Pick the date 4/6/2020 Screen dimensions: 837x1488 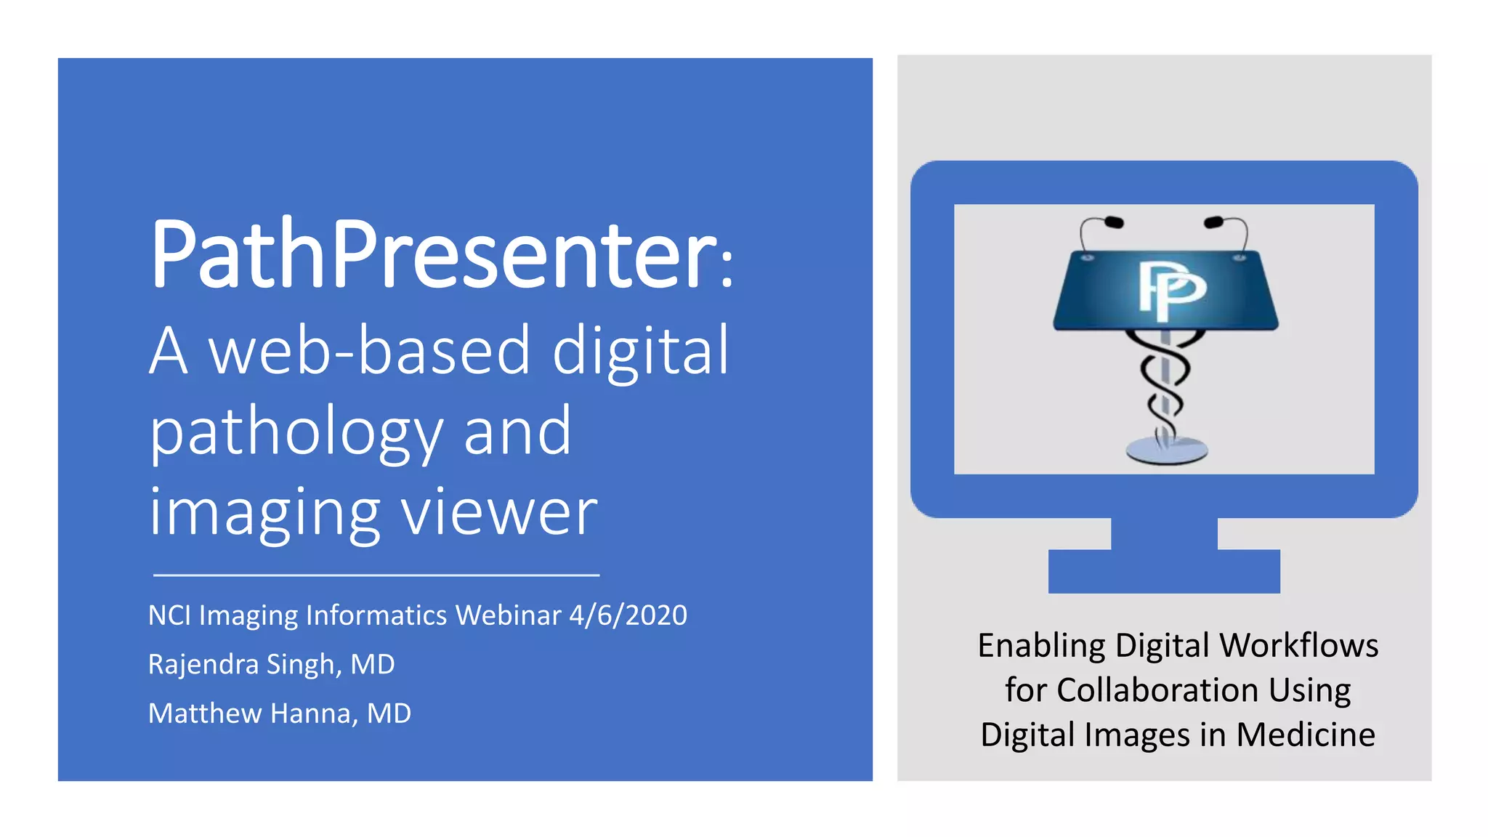(x=628, y=615)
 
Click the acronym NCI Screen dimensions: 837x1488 (x=169, y=615)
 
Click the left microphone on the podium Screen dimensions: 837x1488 (x=1112, y=222)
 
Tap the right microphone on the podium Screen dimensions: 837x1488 (x=1213, y=222)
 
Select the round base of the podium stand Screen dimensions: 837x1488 (x=1166, y=450)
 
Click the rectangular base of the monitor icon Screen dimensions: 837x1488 (x=1164, y=572)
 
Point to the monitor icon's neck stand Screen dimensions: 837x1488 (x=1164, y=533)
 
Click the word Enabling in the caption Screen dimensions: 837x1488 (x=1041, y=646)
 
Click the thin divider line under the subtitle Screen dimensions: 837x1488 (x=376, y=575)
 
